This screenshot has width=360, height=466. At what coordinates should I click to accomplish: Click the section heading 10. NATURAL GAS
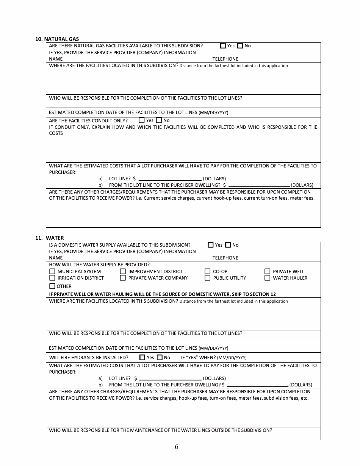click(57, 39)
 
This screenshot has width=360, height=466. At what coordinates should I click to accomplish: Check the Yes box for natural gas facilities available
click(223, 46)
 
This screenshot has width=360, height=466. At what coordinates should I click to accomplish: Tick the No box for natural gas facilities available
click(240, 46)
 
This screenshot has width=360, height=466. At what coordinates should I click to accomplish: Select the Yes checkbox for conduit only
click(142, 120)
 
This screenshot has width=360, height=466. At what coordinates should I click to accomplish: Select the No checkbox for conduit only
click(159, 120)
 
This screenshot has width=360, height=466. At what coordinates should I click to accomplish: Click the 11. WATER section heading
click(50, 238)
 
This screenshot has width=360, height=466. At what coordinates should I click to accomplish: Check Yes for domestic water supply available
click(211, 245)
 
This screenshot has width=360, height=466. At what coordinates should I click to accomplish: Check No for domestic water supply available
click(228, 245)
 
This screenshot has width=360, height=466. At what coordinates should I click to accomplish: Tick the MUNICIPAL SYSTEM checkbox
click(52, 271)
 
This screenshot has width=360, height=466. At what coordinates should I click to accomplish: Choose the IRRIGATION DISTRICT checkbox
click(52, 278)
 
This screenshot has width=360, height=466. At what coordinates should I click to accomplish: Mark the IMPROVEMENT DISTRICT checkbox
click(123, 271)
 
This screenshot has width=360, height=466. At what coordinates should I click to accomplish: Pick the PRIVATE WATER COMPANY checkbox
click(123, 278)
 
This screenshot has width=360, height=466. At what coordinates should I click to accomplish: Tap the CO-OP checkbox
click(207, 271)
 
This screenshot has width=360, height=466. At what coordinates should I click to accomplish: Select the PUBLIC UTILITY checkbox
click(207, 278)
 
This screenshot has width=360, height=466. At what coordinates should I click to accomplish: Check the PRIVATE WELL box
click(267, 271)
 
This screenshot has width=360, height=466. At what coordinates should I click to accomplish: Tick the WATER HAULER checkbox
click(267, 278)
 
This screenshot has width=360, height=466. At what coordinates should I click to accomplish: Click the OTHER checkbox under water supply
click(52, 286)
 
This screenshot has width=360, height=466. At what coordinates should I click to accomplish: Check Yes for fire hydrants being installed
click(142, 357)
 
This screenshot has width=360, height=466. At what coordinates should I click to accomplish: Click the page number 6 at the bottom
click(177, 447)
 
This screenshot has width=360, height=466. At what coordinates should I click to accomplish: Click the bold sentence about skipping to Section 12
click(162, 294)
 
